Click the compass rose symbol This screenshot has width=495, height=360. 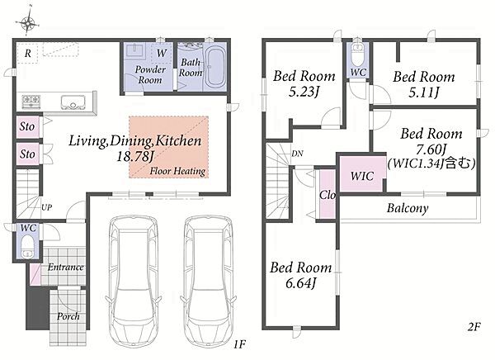(x=27, y=22)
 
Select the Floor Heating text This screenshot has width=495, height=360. (x=177, y=171)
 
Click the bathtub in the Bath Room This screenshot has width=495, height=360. (x=215, y=68)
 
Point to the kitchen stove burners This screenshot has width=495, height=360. (x=31, y=102)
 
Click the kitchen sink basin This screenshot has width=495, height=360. (x=73, y=102)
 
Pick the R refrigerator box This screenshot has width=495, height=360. (x=27, y=54)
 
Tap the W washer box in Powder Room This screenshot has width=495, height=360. (x=162, y=53)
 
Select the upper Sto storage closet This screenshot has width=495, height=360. (x=28, y=126)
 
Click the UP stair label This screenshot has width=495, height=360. (x=46, y=207)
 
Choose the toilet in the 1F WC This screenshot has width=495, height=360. (x=27, y=247)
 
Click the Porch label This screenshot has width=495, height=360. (x=68, y=316)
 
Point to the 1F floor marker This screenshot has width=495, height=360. (x=239, y=343)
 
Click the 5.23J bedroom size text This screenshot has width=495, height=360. (x=304, y=92)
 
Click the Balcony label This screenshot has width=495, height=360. (x=408, y=208)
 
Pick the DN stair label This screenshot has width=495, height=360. (x=297, y=154)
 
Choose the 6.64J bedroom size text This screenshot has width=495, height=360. (x=300, y=283)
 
